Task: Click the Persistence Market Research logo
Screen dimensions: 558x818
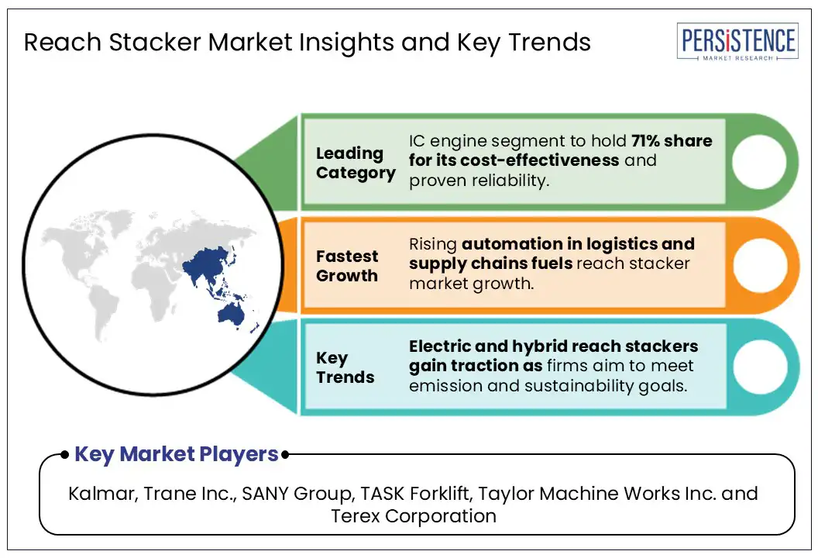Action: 737,43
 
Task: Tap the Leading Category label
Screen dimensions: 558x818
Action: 355,164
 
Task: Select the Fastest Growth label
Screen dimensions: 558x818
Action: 347,266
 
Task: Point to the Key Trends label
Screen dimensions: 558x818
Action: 345,367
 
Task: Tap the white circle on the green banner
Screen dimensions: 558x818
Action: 758,162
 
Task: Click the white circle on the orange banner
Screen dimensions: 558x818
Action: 758,264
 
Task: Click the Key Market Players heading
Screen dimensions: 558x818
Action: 176,455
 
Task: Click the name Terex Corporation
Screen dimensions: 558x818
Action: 414,515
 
